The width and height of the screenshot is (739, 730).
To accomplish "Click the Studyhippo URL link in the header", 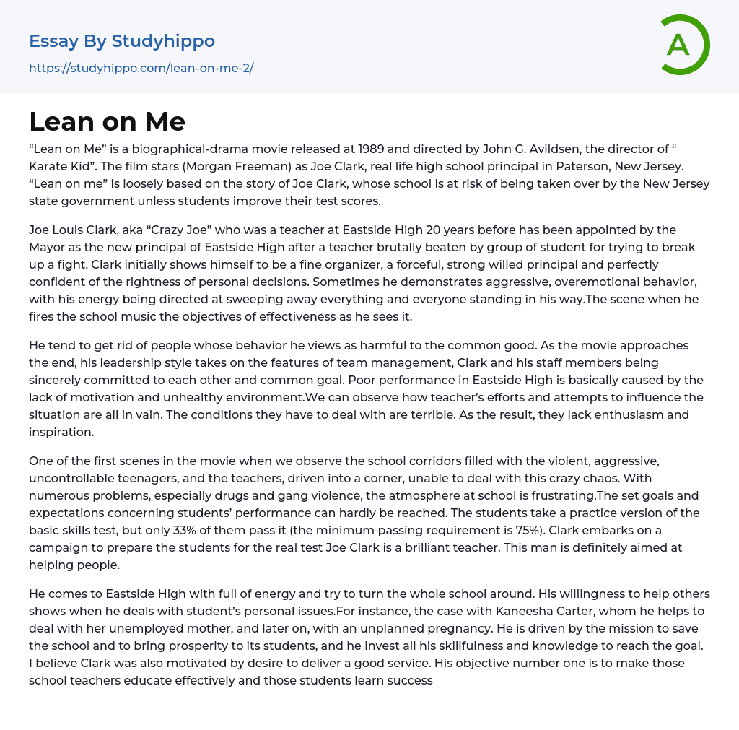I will pyautogui.click(x=141, y=69).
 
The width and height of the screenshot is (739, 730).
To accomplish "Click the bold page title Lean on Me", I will pyautogui.click(x=108, y=121).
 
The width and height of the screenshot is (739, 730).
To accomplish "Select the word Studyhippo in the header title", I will pyautogui.click(x=163, y=41).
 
